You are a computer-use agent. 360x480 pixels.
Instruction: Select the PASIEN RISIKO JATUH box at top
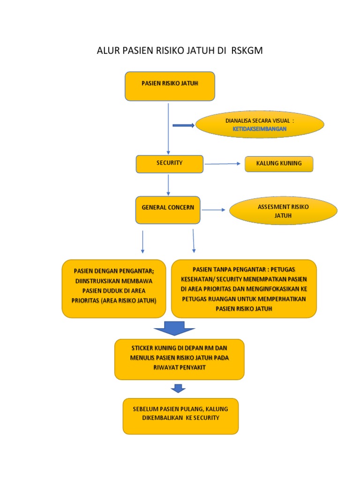point(170,86)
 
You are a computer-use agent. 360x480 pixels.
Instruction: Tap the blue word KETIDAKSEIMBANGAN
point(259,128)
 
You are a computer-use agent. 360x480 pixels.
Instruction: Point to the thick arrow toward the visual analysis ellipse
point(183,125)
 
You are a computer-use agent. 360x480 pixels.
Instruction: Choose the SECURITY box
point(169,164)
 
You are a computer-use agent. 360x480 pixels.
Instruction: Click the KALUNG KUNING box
point(279,164)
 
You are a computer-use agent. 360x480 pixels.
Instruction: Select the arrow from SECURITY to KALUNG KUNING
point(224,164)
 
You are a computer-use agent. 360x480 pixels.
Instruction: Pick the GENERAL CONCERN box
point(168,210)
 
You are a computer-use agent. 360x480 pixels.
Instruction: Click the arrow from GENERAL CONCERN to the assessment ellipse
point(213,210)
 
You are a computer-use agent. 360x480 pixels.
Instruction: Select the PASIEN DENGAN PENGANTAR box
point(113,289)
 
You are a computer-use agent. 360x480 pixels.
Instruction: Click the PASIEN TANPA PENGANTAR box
point(244,289)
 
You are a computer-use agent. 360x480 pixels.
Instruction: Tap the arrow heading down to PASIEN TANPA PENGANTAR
point(193,241)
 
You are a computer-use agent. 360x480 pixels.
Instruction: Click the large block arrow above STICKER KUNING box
point(174,328)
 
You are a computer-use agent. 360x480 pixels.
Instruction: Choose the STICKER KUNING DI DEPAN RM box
point(179,359)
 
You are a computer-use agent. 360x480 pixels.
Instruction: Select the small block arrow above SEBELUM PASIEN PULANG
point(178,389)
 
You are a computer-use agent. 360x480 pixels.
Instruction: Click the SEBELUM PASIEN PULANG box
point(180,416)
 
